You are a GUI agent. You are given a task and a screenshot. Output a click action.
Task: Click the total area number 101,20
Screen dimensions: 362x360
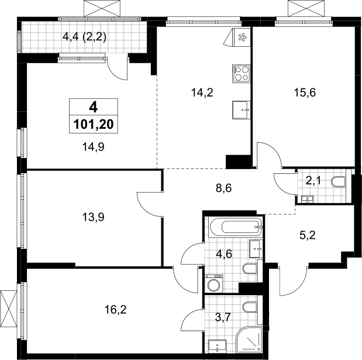pos(94,125)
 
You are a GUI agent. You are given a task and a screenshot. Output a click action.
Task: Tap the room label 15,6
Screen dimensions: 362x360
pos(305,92)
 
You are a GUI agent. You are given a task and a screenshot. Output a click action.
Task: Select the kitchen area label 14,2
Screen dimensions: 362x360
pos(202,92)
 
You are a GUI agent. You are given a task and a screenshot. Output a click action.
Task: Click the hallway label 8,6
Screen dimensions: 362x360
pos(224,188)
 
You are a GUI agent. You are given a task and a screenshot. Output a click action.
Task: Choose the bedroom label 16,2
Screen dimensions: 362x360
pos(115,310)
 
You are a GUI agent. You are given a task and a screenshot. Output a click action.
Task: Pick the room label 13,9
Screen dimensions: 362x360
pos(93,217)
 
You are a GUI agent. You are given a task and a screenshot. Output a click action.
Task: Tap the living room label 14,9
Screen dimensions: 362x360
pos(93,147)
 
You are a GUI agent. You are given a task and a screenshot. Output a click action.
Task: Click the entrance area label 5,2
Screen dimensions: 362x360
pos(307,236)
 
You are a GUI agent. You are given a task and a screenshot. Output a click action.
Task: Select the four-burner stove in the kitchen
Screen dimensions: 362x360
pos(242,74)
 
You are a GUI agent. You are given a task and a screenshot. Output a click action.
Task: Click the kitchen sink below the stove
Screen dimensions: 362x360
pos(242,110)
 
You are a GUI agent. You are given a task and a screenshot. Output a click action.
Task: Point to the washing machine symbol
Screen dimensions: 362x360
pos(214,283)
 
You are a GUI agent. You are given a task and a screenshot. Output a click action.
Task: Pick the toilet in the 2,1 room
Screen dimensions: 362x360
pos(338,181)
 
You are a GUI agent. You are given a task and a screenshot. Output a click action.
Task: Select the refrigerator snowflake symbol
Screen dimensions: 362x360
pos(242,37)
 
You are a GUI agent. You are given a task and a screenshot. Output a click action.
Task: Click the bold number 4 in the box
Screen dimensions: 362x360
pos(94,107)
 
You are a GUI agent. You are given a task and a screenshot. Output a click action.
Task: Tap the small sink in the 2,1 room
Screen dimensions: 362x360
pos(307,199)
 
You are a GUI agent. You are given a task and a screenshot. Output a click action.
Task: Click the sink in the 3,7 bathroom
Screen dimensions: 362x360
pos(218,346)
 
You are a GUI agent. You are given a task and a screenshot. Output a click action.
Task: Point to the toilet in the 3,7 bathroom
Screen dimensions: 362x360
pos(250,307)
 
